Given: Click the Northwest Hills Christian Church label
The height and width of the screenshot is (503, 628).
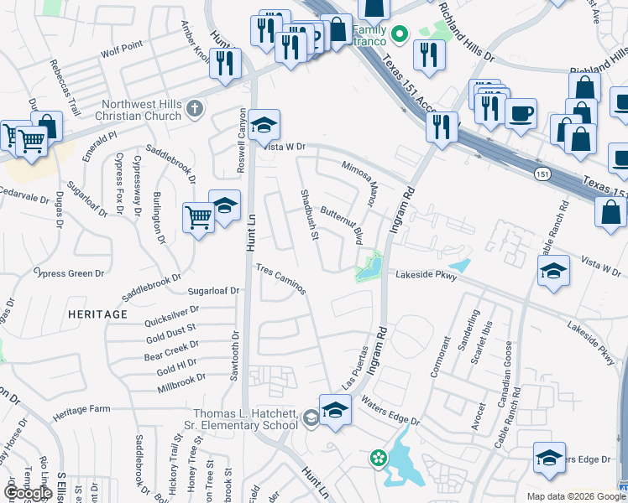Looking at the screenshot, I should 140,110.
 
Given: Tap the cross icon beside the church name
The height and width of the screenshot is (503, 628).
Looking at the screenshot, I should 195,108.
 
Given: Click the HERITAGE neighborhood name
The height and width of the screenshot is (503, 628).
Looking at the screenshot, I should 97,314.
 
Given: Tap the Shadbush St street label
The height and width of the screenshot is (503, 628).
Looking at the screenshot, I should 308,215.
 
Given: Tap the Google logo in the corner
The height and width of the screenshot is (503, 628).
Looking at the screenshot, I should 28,492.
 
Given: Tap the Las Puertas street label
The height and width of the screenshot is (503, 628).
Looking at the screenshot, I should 356,368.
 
